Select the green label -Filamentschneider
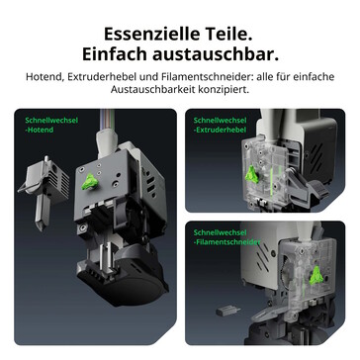(226, 242)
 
